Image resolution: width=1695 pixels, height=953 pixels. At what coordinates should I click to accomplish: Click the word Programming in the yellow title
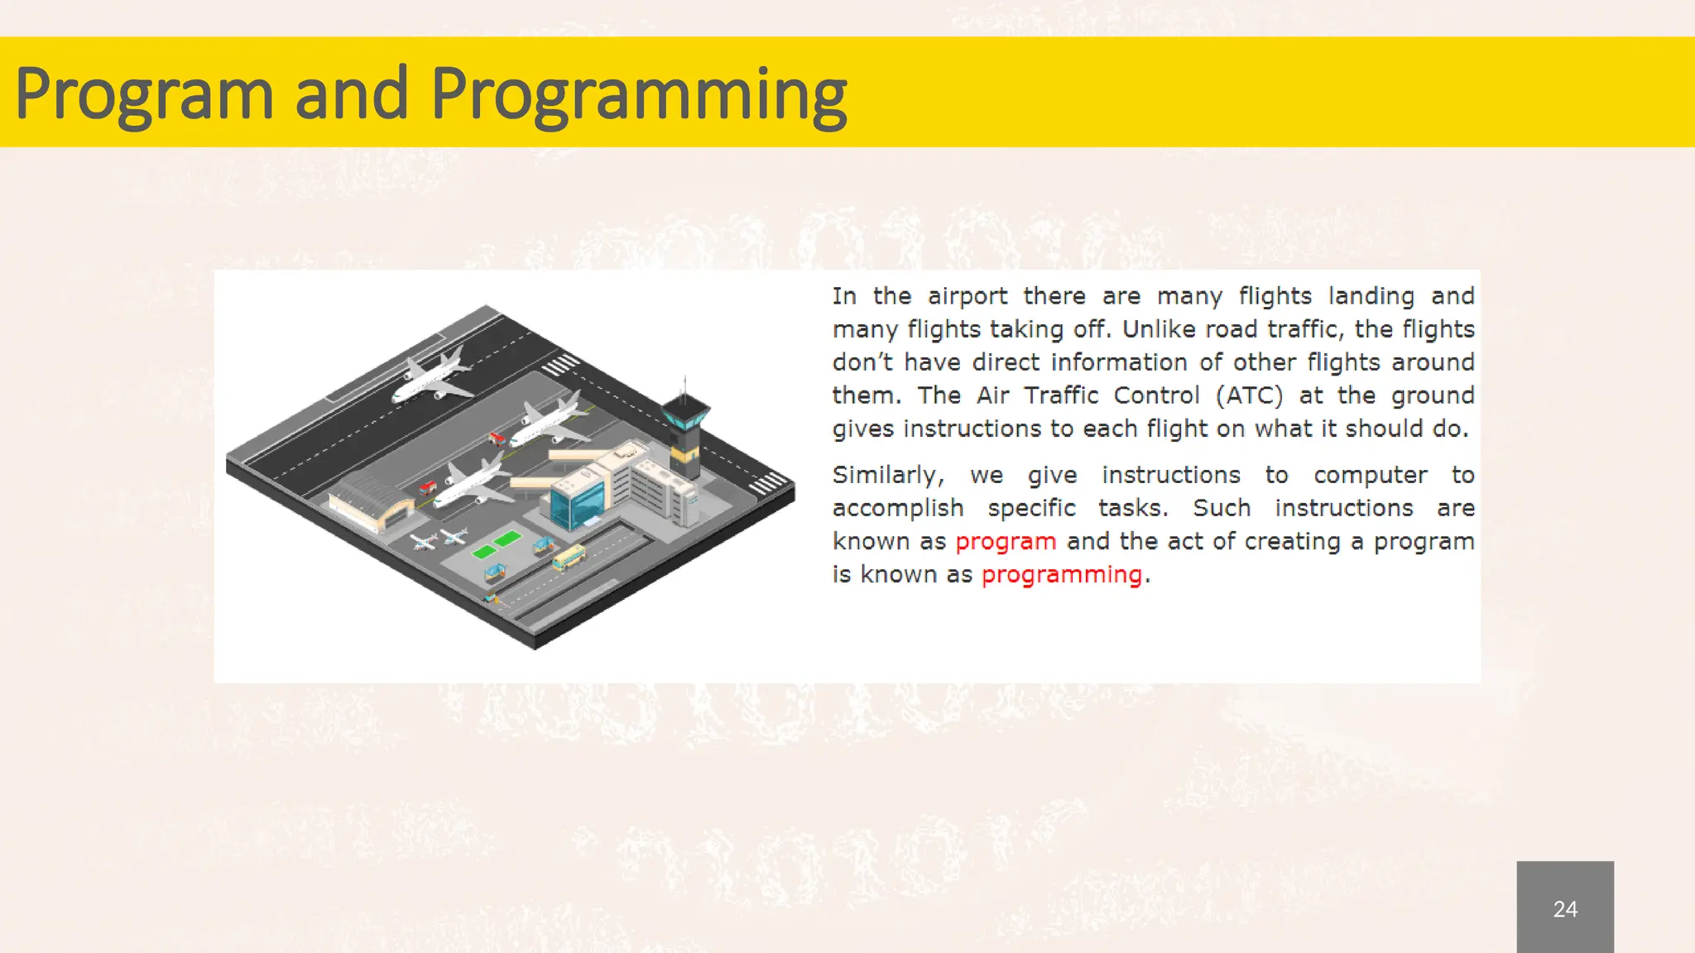638,95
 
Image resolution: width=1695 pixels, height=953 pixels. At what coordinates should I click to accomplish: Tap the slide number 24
1564,909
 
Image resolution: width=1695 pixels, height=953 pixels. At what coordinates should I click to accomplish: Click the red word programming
1061,575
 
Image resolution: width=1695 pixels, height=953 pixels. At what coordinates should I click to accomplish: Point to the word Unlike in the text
1158,329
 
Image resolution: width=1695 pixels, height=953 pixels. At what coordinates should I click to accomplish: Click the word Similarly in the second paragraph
887,475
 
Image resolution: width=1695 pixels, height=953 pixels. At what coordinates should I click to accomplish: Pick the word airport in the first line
967,296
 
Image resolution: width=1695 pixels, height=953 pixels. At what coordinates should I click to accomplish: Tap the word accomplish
898,508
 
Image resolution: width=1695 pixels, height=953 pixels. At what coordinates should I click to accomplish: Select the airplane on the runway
432,376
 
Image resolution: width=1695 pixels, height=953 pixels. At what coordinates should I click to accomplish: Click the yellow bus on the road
569,558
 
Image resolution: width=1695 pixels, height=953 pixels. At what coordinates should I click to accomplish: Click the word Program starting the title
144,95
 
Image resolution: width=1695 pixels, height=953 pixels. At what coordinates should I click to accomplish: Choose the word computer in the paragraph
1370,475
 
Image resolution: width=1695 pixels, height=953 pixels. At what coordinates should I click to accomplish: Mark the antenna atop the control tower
684,385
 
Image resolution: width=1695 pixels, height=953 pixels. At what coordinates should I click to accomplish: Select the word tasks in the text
1132,508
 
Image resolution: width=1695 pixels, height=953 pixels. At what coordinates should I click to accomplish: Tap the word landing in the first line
1371,296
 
